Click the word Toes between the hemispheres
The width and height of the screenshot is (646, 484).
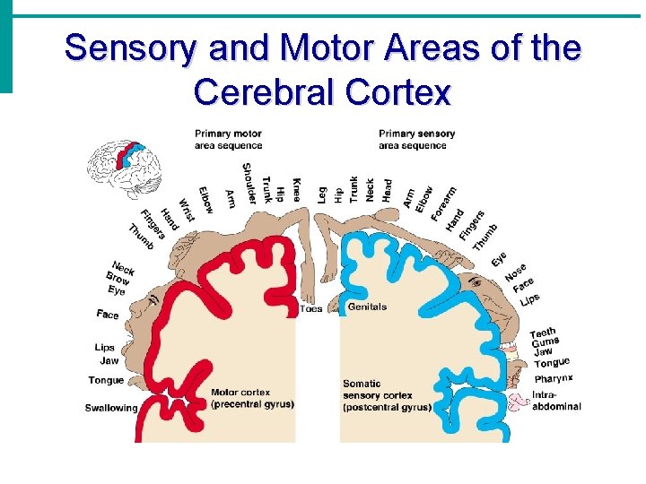click(x=310, y=309)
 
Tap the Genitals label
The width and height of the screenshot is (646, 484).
click(x=367, y=307)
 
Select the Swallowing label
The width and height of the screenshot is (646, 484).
click(x=111, y=408)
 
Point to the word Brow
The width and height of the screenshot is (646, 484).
click(x=118, y=279)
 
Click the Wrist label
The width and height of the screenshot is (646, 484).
click(x=187, y=210)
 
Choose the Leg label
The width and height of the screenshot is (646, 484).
click(x=322, y=194)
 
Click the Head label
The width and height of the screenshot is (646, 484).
click(x=388, y=189)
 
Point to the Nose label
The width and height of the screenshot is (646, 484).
click(x=515, y=272)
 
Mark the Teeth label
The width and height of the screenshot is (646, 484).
click(x=542, y=333)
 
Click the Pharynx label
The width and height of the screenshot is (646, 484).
click(x=553, y=379)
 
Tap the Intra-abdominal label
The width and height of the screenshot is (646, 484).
click(x=556, y=400)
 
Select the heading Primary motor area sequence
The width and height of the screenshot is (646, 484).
click(x=228, y=140)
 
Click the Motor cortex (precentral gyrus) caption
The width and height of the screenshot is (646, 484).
click(x=252, y=398)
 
